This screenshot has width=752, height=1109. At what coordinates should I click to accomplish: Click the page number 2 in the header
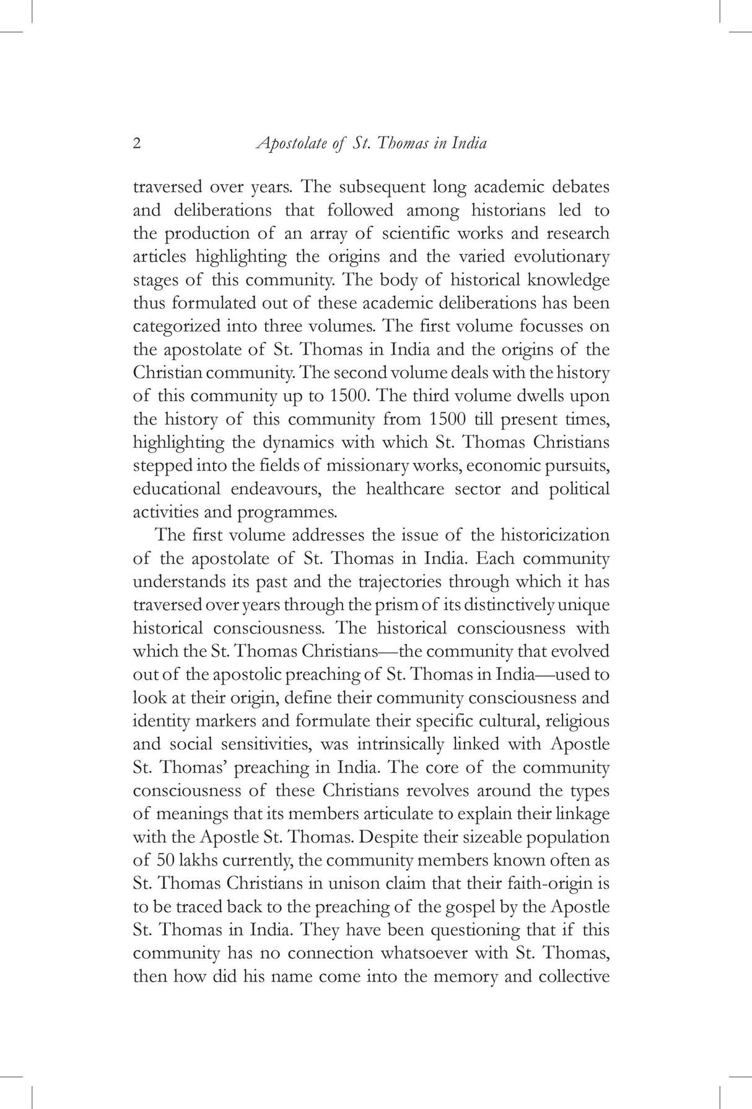(137, 144)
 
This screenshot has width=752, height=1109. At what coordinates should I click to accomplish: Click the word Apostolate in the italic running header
(293, 144)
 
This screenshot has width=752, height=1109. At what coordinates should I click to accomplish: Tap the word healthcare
(405, 489)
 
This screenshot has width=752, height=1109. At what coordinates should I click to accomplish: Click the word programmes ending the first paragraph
(291, 513)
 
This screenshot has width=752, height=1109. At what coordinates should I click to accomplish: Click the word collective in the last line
(574, 977)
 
